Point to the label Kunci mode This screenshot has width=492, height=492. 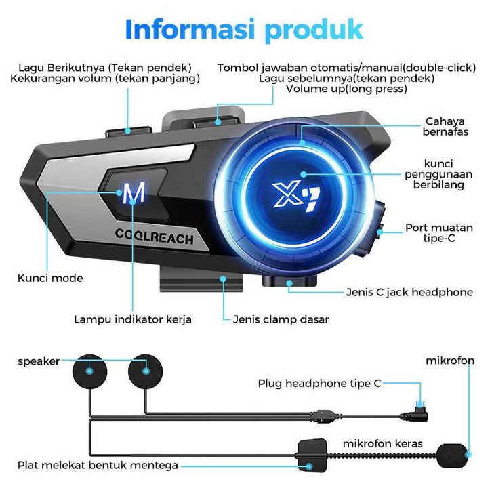(x=50, y=278)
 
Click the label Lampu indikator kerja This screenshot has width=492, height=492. (x=133, y=319)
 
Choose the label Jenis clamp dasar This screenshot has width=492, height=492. (x=281, y=319)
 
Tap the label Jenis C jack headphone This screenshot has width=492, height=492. (x=409, y=292)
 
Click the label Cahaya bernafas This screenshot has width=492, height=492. (x=445, y=127)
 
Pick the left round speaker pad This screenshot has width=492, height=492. (x=89, y=371)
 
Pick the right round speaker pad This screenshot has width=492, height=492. (x=146, y=371)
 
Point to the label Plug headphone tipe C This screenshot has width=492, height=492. (x=319, y=384)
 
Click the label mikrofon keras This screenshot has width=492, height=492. (x=382, y=443)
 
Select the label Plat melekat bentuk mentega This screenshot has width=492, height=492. (x=98, y=465)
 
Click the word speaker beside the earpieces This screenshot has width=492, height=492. (x=39, y=361)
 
